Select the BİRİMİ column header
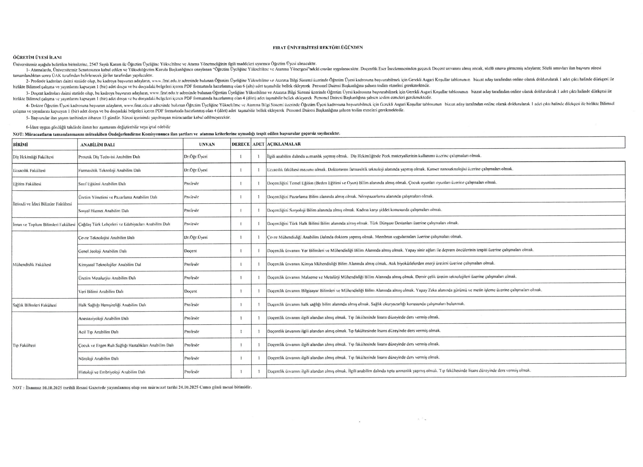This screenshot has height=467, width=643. click(20, 145)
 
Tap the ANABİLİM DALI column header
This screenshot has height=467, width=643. click(97, 145)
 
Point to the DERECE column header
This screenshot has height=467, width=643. click(241, 144)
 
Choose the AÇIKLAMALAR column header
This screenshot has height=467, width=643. click(284, 144)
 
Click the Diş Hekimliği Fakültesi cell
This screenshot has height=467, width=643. click(33, 157)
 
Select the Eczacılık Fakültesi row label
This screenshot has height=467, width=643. click(29, 171)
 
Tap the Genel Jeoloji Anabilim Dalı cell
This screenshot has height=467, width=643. click(102, 251)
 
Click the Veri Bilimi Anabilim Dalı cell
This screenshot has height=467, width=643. click(101, 291)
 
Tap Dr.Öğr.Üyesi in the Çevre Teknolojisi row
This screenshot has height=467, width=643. click(196, 237)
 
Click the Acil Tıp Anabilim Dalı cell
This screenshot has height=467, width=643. click(98, 332)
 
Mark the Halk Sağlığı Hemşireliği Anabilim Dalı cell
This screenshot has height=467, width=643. click(112, 305)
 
